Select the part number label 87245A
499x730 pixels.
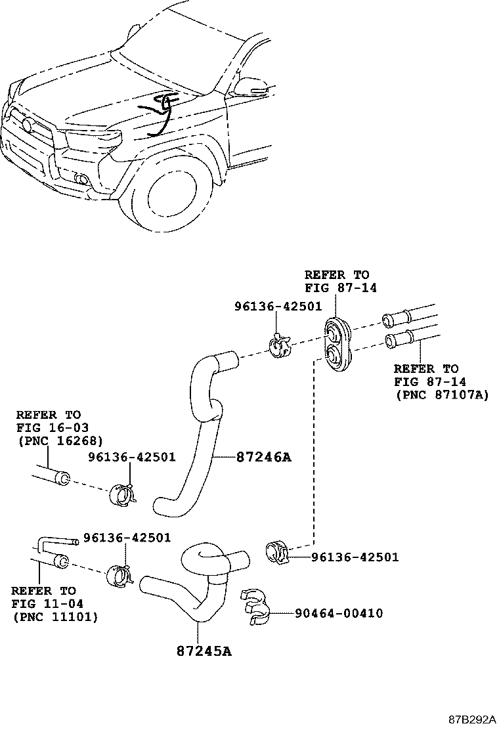pos(204,651)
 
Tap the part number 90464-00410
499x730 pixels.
pos(339,613)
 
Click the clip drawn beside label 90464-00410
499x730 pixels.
pos(255,605)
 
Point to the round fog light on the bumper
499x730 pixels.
pos(82,179)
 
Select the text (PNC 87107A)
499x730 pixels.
pos(441,395)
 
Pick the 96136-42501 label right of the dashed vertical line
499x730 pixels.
pos(355,557)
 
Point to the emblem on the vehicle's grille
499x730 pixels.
pos(26,125)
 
